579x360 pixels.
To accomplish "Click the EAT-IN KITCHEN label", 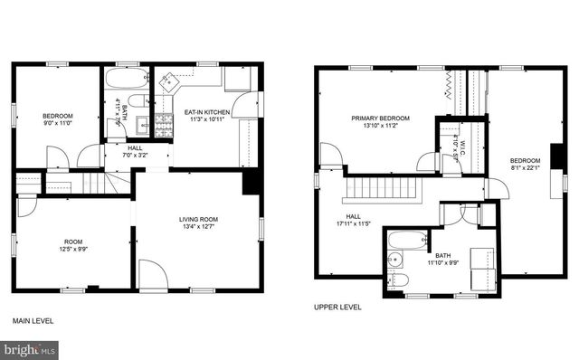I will tap(208, 112).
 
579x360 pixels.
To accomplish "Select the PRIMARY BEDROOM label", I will tap(381, 118).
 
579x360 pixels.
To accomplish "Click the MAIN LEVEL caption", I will tap(33, 321).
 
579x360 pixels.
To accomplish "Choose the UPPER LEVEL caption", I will tap(337, 308).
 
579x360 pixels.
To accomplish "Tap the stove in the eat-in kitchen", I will tap(164, 124).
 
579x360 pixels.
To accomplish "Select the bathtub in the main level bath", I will tap(127, 78).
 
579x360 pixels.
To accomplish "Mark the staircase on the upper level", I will tap(382, 189).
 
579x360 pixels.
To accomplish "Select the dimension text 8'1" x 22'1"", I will tap(526, 166).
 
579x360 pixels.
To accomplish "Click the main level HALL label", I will tap(135, 147).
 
